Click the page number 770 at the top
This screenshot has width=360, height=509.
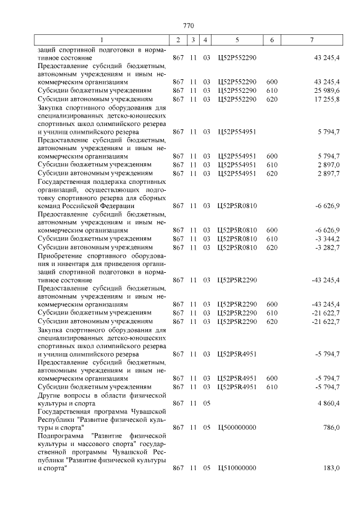(188, 26)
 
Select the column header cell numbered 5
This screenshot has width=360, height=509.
(237, 40)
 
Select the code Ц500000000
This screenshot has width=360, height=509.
(237, 428)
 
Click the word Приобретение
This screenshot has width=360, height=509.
(60, 256)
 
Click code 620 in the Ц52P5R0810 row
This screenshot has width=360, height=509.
(272, 247)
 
